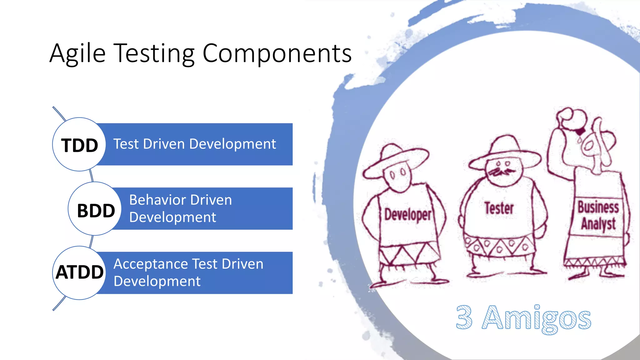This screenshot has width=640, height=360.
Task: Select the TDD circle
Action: click(79, 145)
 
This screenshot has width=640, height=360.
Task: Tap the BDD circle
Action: click(95, 209)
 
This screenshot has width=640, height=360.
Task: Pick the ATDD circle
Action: click(79, 273)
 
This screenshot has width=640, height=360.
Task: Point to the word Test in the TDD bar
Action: click(126, 144)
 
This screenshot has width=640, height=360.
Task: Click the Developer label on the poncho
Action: click(407, 215)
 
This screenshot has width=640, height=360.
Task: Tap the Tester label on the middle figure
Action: click(499, 208)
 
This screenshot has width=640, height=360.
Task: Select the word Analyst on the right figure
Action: click(598, 224)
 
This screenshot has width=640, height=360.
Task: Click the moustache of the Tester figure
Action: click(502, 172)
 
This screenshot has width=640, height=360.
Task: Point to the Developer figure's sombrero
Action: click(395, 159)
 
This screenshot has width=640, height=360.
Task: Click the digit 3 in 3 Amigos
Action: click(464, 317)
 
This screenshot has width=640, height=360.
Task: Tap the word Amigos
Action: click(536, 318)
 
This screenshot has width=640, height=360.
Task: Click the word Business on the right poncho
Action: click(598, 207)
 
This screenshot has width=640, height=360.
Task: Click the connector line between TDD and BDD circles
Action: click(91, 176)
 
